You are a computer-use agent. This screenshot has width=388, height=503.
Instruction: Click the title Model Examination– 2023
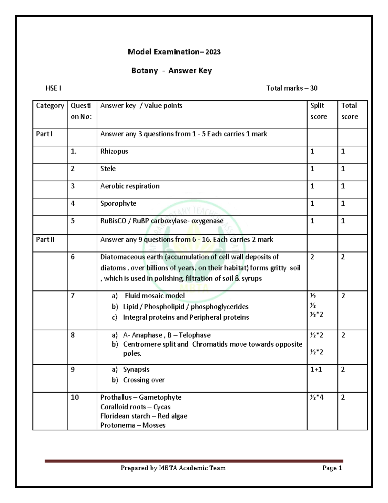(x=174, y=52)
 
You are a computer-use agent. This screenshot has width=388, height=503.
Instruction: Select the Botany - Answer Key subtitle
(x=171, y=71)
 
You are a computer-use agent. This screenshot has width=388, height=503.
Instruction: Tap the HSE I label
(x=53, y=88)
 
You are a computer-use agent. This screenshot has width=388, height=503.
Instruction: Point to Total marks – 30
(x=292, y=88)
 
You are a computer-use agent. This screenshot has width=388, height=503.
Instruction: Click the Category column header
(x=50, y=106)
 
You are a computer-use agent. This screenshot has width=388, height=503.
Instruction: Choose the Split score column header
(x=318, y=111)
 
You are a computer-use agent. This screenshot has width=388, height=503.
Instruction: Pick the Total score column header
(x=350, y=111)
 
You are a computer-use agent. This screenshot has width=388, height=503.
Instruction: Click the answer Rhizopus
(x=114, y=151)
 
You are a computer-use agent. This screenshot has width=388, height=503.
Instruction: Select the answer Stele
(x=108, y=169)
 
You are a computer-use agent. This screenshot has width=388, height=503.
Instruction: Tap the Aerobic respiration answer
(x=130, y=186)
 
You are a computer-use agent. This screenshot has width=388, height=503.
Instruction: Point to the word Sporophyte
(x=118, y=203)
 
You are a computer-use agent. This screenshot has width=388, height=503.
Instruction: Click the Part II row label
(x=45, y=240)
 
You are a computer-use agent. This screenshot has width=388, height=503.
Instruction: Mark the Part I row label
(x=44, y=134)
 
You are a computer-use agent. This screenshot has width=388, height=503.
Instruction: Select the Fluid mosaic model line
(x=155, y=296)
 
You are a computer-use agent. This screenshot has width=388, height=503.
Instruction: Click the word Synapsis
(x=136, y=370)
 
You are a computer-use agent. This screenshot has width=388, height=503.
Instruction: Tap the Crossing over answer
(x=144, y=380)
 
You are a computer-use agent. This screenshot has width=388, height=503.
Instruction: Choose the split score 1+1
(x=316, y=370)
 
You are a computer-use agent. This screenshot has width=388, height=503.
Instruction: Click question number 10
(x=75, y=397)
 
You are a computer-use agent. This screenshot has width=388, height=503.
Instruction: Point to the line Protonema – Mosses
(x=133, y=425)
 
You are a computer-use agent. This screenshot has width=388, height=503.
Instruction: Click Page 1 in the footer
(x=332, y=468)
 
